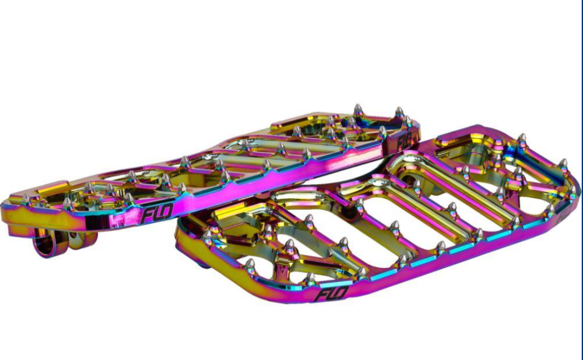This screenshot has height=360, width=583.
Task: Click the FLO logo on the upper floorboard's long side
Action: point(156,213)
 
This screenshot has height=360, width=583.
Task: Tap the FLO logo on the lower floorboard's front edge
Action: point(330,294)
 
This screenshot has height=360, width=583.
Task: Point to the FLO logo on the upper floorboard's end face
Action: point(404,141)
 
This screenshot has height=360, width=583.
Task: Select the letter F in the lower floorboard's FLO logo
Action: point(321,295)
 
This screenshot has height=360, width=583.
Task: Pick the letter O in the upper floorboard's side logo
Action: point(166,211)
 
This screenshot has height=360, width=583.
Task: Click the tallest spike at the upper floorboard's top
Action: point(358,111)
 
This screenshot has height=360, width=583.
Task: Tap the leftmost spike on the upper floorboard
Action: point(26,199)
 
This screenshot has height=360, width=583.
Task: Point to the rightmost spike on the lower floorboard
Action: point(572,192)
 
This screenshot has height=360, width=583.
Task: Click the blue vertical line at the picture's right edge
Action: point(581,180)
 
